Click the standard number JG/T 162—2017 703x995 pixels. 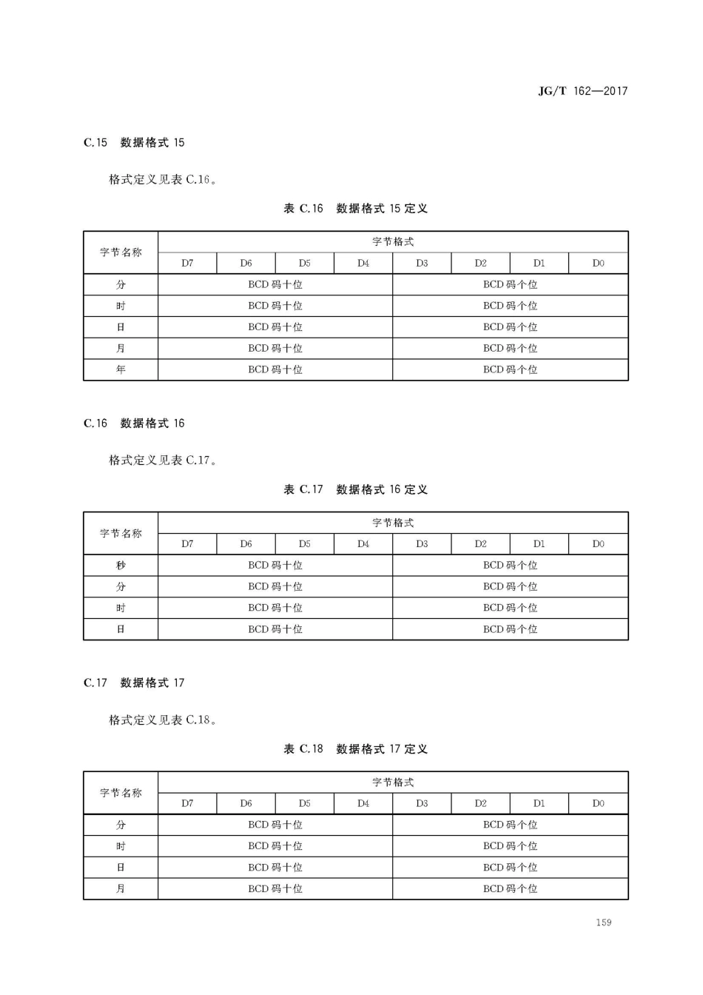pyautogui.click(x=582, y=91)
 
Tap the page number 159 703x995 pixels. pyautogui.click(x=603, y=922)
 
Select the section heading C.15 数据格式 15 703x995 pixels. pyautogui.click(x=134, y=142)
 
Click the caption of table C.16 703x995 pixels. pyautogui.click(x=355, y=209)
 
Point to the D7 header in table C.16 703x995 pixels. pyautogui.click(x=187, y=263)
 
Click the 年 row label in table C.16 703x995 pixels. pyautogui.click(x=121, y=369)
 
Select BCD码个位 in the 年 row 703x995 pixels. pyautogui.click(x=510, y=369)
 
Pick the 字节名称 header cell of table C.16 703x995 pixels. pyautogui.click(x=121, y=252)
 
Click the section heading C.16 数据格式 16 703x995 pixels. pyautogui.click(x=134, y=423)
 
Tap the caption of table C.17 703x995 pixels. pyautogui.click(x=355, y=489)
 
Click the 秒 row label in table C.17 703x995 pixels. pyautogui.click(x=121, y=565)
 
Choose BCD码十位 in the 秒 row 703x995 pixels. pyautogui.click(x=275, y=565)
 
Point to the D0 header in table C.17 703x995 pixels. pyautogui.click(x=598, y=544)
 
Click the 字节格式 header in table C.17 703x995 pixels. pyautogui.click(x=393, y=523)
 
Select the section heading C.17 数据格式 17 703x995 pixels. pyautogui.click(x=134, y=683)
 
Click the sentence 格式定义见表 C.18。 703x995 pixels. pyautogui.click(x=164, y=720)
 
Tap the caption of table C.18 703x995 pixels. pyautogui.click(x=355, y=749)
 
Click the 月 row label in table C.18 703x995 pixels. pyautogui.click(x=121, y=888)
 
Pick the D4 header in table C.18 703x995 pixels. pyautogui.click(x=363, y=803)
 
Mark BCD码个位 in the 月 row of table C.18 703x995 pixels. pyautogui.click(x=510, y=888)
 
